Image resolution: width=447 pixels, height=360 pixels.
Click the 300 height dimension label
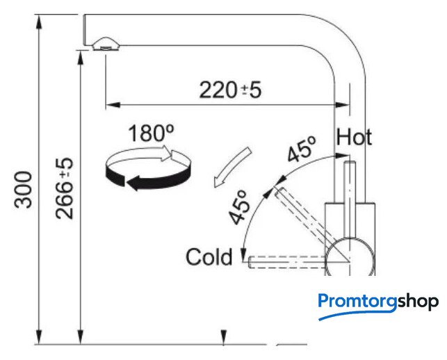tap(23, 190)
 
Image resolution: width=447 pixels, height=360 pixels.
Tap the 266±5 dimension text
tap(65, 188)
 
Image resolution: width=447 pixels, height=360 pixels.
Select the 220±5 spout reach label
tap(230, 90)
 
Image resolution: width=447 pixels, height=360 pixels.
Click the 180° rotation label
tap(151, 133)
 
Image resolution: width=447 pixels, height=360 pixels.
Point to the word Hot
tap(355, 138)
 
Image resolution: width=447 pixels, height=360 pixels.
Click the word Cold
tap(209, 257)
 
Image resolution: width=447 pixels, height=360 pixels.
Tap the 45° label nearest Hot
tap(302, 149)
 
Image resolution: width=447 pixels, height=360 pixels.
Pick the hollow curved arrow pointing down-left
tap(232, 167)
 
